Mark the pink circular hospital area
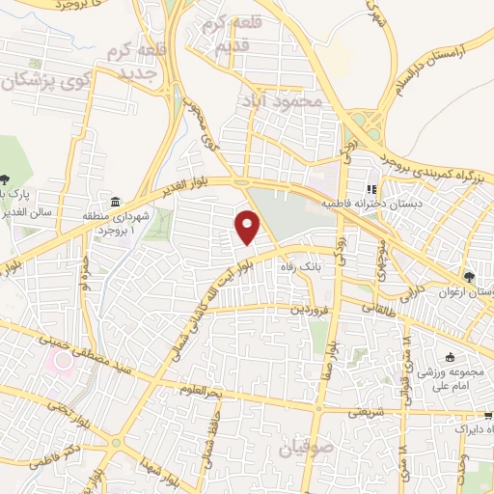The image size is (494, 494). coord(65,363)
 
